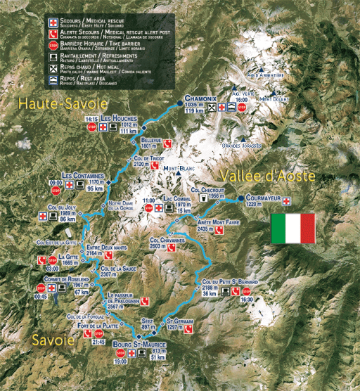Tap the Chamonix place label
pos(201,100)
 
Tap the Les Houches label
pos(119,117)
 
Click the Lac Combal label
pos(176,199)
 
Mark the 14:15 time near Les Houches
pos(91,120)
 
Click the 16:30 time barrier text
pos(246,299)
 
